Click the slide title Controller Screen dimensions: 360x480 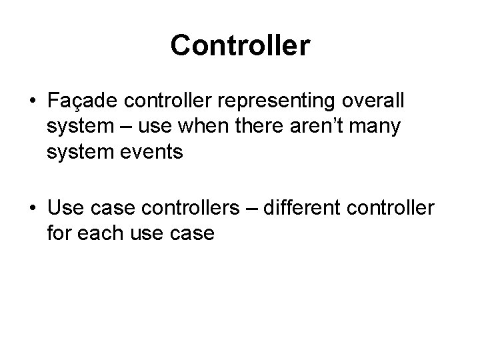(240, 46)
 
